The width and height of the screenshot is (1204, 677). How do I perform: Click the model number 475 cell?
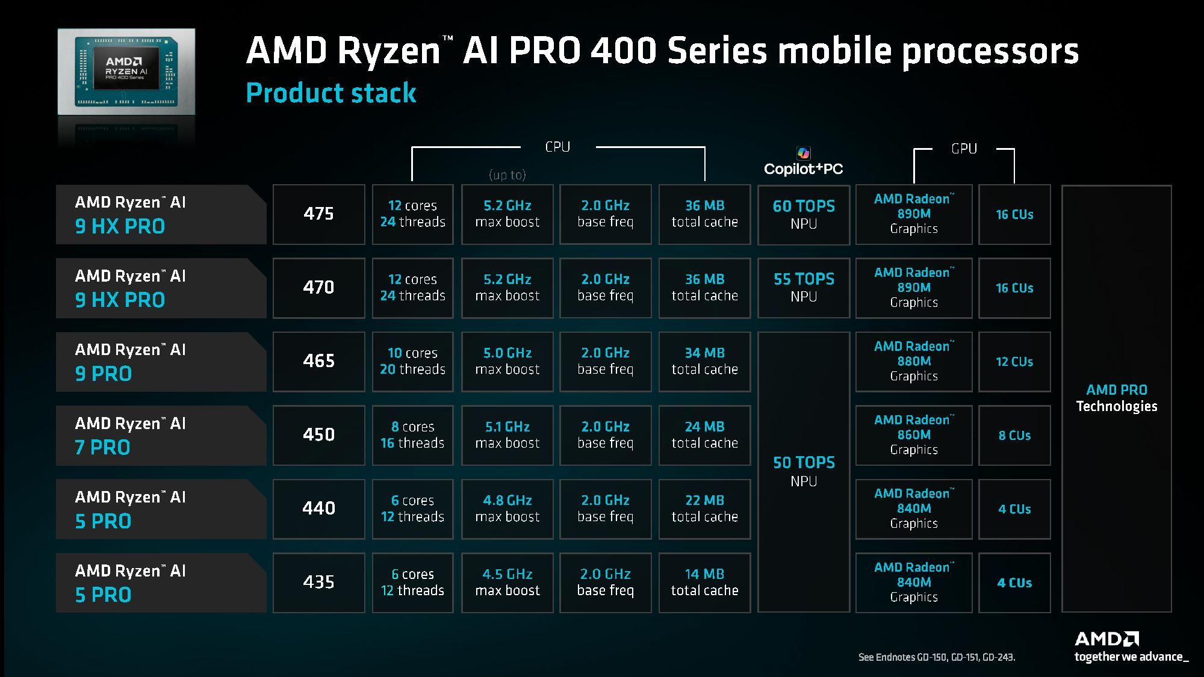tap(318, 214)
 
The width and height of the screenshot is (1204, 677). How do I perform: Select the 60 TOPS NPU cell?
tap(803, 214)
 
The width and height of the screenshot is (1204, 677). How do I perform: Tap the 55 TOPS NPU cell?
tap(803, 288)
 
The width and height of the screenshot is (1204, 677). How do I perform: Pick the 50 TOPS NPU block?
tap(803, 471)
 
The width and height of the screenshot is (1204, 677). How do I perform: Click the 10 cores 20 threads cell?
tap(412, 361)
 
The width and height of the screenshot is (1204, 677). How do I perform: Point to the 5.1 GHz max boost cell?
tap(507, 434)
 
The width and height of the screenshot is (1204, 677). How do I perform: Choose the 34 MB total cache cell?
tap(704, 361)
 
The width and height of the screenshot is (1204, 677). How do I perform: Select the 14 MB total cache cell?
tap(704, 582)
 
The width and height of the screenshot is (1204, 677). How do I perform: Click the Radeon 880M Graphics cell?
tap(913, 361)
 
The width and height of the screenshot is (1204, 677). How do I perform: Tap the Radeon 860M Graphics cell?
tap(913, 434)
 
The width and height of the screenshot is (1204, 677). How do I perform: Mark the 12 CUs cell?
tap(1014, 362)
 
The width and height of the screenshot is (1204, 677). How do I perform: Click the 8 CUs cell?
tap(1014, 435)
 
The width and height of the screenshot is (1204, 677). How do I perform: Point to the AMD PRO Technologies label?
tap(1116, 398)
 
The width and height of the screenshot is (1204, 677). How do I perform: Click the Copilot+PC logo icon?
tap(803, 153)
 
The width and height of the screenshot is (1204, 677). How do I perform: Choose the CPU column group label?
tap(557, 147)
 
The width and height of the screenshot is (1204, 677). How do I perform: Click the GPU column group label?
tap(964, 149)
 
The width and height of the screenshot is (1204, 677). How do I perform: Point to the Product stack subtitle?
tap(331, 93)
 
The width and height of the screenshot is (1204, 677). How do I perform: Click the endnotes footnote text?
tap(936, 657)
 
